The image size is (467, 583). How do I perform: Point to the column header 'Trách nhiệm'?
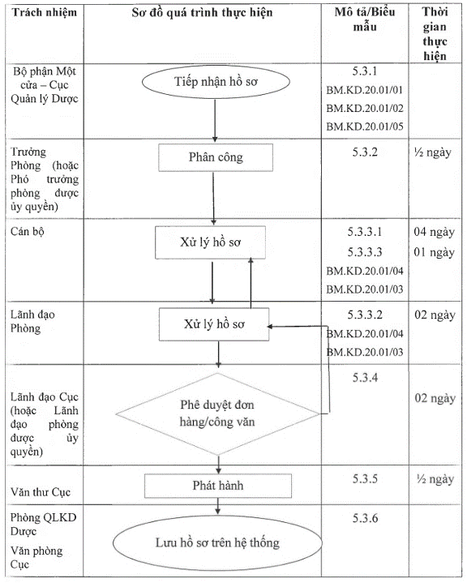click(x=45, y=13)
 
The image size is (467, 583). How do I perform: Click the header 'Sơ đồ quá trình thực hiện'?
click(x=202, y=13)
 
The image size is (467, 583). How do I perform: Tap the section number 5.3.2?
click(x=365, y=152)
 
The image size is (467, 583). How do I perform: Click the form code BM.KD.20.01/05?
click(x=365, y=126)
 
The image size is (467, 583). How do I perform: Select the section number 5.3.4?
click(x=365, y=378)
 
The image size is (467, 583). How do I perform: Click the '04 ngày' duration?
click(x=435, y=232)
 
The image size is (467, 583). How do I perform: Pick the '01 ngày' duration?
click(x=435, y=252)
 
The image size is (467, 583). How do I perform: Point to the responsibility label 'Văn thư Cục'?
click(x=41, y=492)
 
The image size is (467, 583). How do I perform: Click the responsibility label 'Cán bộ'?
click(x=27, y=232)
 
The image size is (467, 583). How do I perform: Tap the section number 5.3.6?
click(x=365, y=518)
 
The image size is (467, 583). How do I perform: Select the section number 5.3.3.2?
click(x=365, y=315)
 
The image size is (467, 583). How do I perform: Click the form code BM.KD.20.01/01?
click(x=365, y=90)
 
